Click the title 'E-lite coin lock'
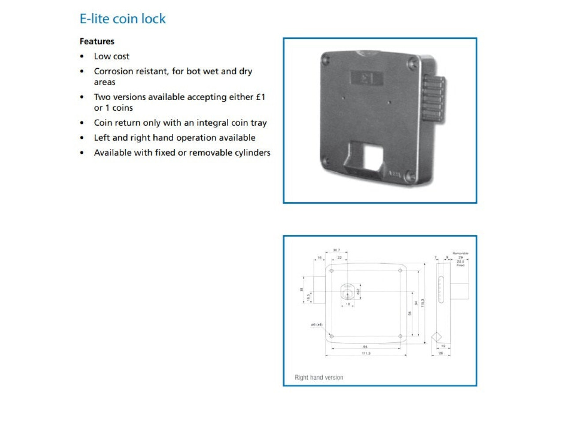point(122,19)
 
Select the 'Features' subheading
point(97,41)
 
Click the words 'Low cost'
point(111,56)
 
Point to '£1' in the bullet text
point(260,97)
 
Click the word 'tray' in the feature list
point(259,123)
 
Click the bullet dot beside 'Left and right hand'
point(82,138)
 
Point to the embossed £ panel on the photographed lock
point(366,78)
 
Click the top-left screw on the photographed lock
point(326,58)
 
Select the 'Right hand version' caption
point(319,378)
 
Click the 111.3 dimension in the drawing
point(366,353)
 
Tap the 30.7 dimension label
point(336,250)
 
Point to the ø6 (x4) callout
point(316,325)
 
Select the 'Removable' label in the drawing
point(460,253)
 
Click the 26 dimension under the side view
point(441,353)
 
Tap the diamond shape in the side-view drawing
point(436,337)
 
